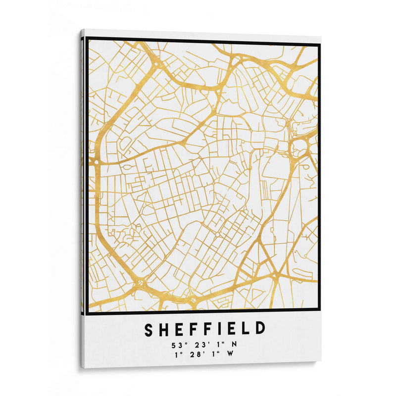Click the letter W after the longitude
click(230, 353)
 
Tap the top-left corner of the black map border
click(87, 39)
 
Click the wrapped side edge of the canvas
click(83, 198)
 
